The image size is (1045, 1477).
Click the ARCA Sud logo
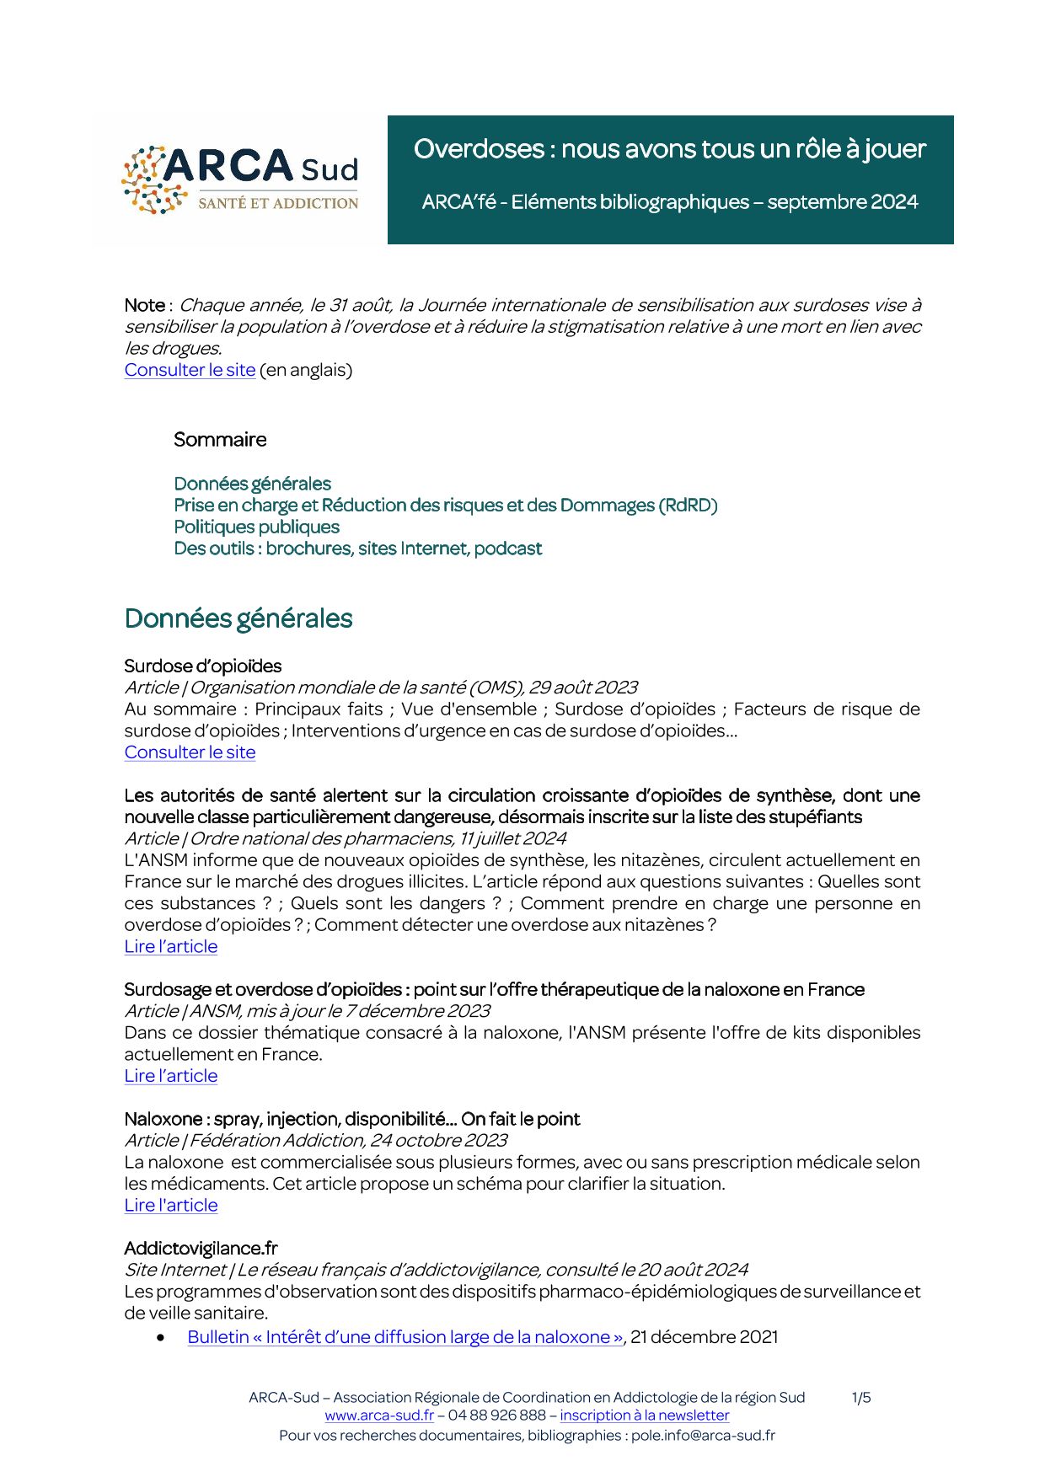[x=240, y=179]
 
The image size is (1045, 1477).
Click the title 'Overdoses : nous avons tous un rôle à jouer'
[x=669, y=149]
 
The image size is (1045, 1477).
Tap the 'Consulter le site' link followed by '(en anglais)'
[x=190, y=370]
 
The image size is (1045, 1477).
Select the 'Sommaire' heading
[x=220, y=440]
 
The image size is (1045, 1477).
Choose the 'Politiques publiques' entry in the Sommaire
[x=256, y=527]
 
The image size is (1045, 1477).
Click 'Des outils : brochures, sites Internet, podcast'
[x=357, y=549]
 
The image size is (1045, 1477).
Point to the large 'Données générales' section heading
[x=238, y=618]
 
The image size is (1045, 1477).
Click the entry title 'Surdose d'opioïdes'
[x=202, y=666]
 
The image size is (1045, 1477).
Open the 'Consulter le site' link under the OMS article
[x=190, y=752]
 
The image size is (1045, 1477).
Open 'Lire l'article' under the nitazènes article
[x=171, y=946]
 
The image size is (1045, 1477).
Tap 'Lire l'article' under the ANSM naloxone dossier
[x=171, y=1076]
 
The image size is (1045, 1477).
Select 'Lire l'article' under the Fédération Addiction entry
[x=171, y=1205]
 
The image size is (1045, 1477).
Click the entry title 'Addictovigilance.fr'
[x=201, y=1249]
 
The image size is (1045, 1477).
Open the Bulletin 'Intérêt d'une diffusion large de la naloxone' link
[x=405, y=1337]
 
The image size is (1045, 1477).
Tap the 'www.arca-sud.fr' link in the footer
[x=379, y=1415]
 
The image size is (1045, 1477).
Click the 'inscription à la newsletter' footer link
[x=644, y=1415]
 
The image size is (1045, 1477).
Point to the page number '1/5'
[x=861, y=1398]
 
